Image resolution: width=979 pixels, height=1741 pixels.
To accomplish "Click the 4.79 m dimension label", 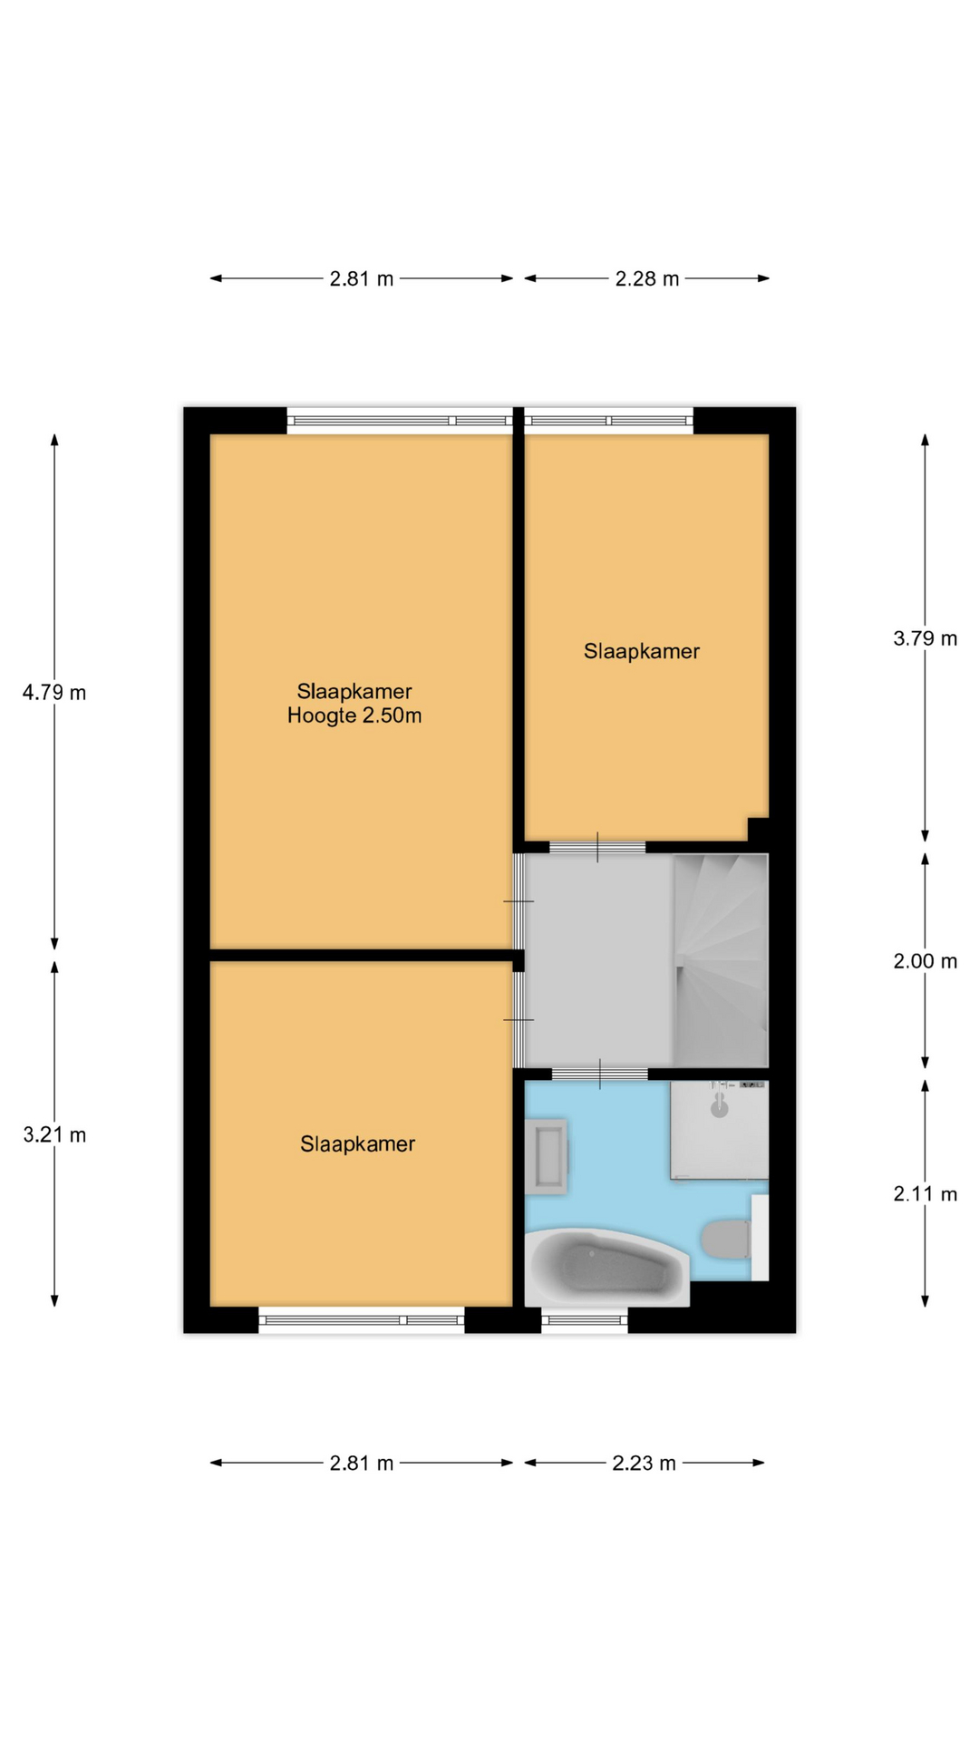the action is (x=54, y=693).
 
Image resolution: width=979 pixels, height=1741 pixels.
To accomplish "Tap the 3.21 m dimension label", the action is (x=54, y=1135).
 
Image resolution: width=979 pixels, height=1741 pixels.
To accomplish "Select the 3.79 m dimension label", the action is (x=925, y=638).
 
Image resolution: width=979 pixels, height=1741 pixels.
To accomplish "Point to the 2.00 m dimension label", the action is (x=925, y=961).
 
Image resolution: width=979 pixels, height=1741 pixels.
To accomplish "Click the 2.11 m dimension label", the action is (x=925, y=1194).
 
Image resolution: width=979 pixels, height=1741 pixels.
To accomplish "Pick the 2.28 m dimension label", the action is (x=646, y=279).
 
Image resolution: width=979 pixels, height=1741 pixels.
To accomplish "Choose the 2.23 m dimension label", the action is (x=644, y=1464).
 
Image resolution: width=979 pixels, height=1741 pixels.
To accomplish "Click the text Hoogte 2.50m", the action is (x=354, y=716).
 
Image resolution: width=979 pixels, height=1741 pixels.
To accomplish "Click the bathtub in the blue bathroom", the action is (x=607, y=1268).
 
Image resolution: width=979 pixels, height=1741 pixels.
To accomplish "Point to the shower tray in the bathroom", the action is (x=719, y=1130).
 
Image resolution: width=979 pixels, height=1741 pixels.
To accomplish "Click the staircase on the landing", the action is (x=721, y=960).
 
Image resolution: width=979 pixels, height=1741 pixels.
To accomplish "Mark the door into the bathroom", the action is (x=600, y=1075).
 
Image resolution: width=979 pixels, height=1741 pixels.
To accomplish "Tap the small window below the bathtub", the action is (x=585, y=1321).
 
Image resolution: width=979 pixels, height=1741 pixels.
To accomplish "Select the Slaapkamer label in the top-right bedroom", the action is (x=642, y=651).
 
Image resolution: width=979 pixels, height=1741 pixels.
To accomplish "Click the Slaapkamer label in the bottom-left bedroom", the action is (x=358, y=1144).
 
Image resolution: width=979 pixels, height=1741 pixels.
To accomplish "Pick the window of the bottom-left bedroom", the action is (x=362, y=1320).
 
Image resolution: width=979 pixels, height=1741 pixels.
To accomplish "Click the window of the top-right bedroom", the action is (x=608, y=421).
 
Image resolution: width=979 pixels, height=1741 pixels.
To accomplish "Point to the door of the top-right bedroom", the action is (x=597, y=848).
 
